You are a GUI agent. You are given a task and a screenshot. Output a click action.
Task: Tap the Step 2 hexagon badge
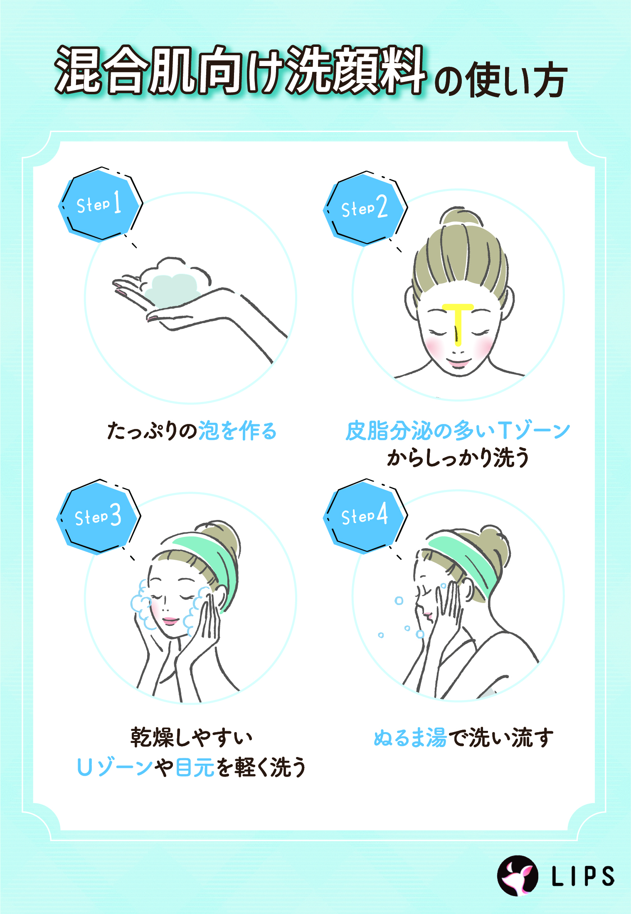click(364, 208)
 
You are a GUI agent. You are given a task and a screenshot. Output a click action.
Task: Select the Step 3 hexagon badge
click(98, 517)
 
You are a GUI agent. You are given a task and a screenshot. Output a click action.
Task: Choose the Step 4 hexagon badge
click(364, 516)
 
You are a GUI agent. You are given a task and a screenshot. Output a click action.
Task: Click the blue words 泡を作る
click(237, 431)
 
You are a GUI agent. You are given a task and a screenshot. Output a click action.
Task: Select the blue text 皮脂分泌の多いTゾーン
click(458, 431)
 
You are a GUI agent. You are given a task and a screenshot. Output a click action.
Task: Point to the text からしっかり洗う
click(458, 458)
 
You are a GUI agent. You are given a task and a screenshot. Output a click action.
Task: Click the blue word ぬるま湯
click(410, 738)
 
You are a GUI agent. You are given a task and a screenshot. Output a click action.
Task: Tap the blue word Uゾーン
click(115, 767)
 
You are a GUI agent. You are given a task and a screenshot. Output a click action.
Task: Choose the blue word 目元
click(195, 767)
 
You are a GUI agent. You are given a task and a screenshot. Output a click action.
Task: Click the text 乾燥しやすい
click(191, 738)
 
